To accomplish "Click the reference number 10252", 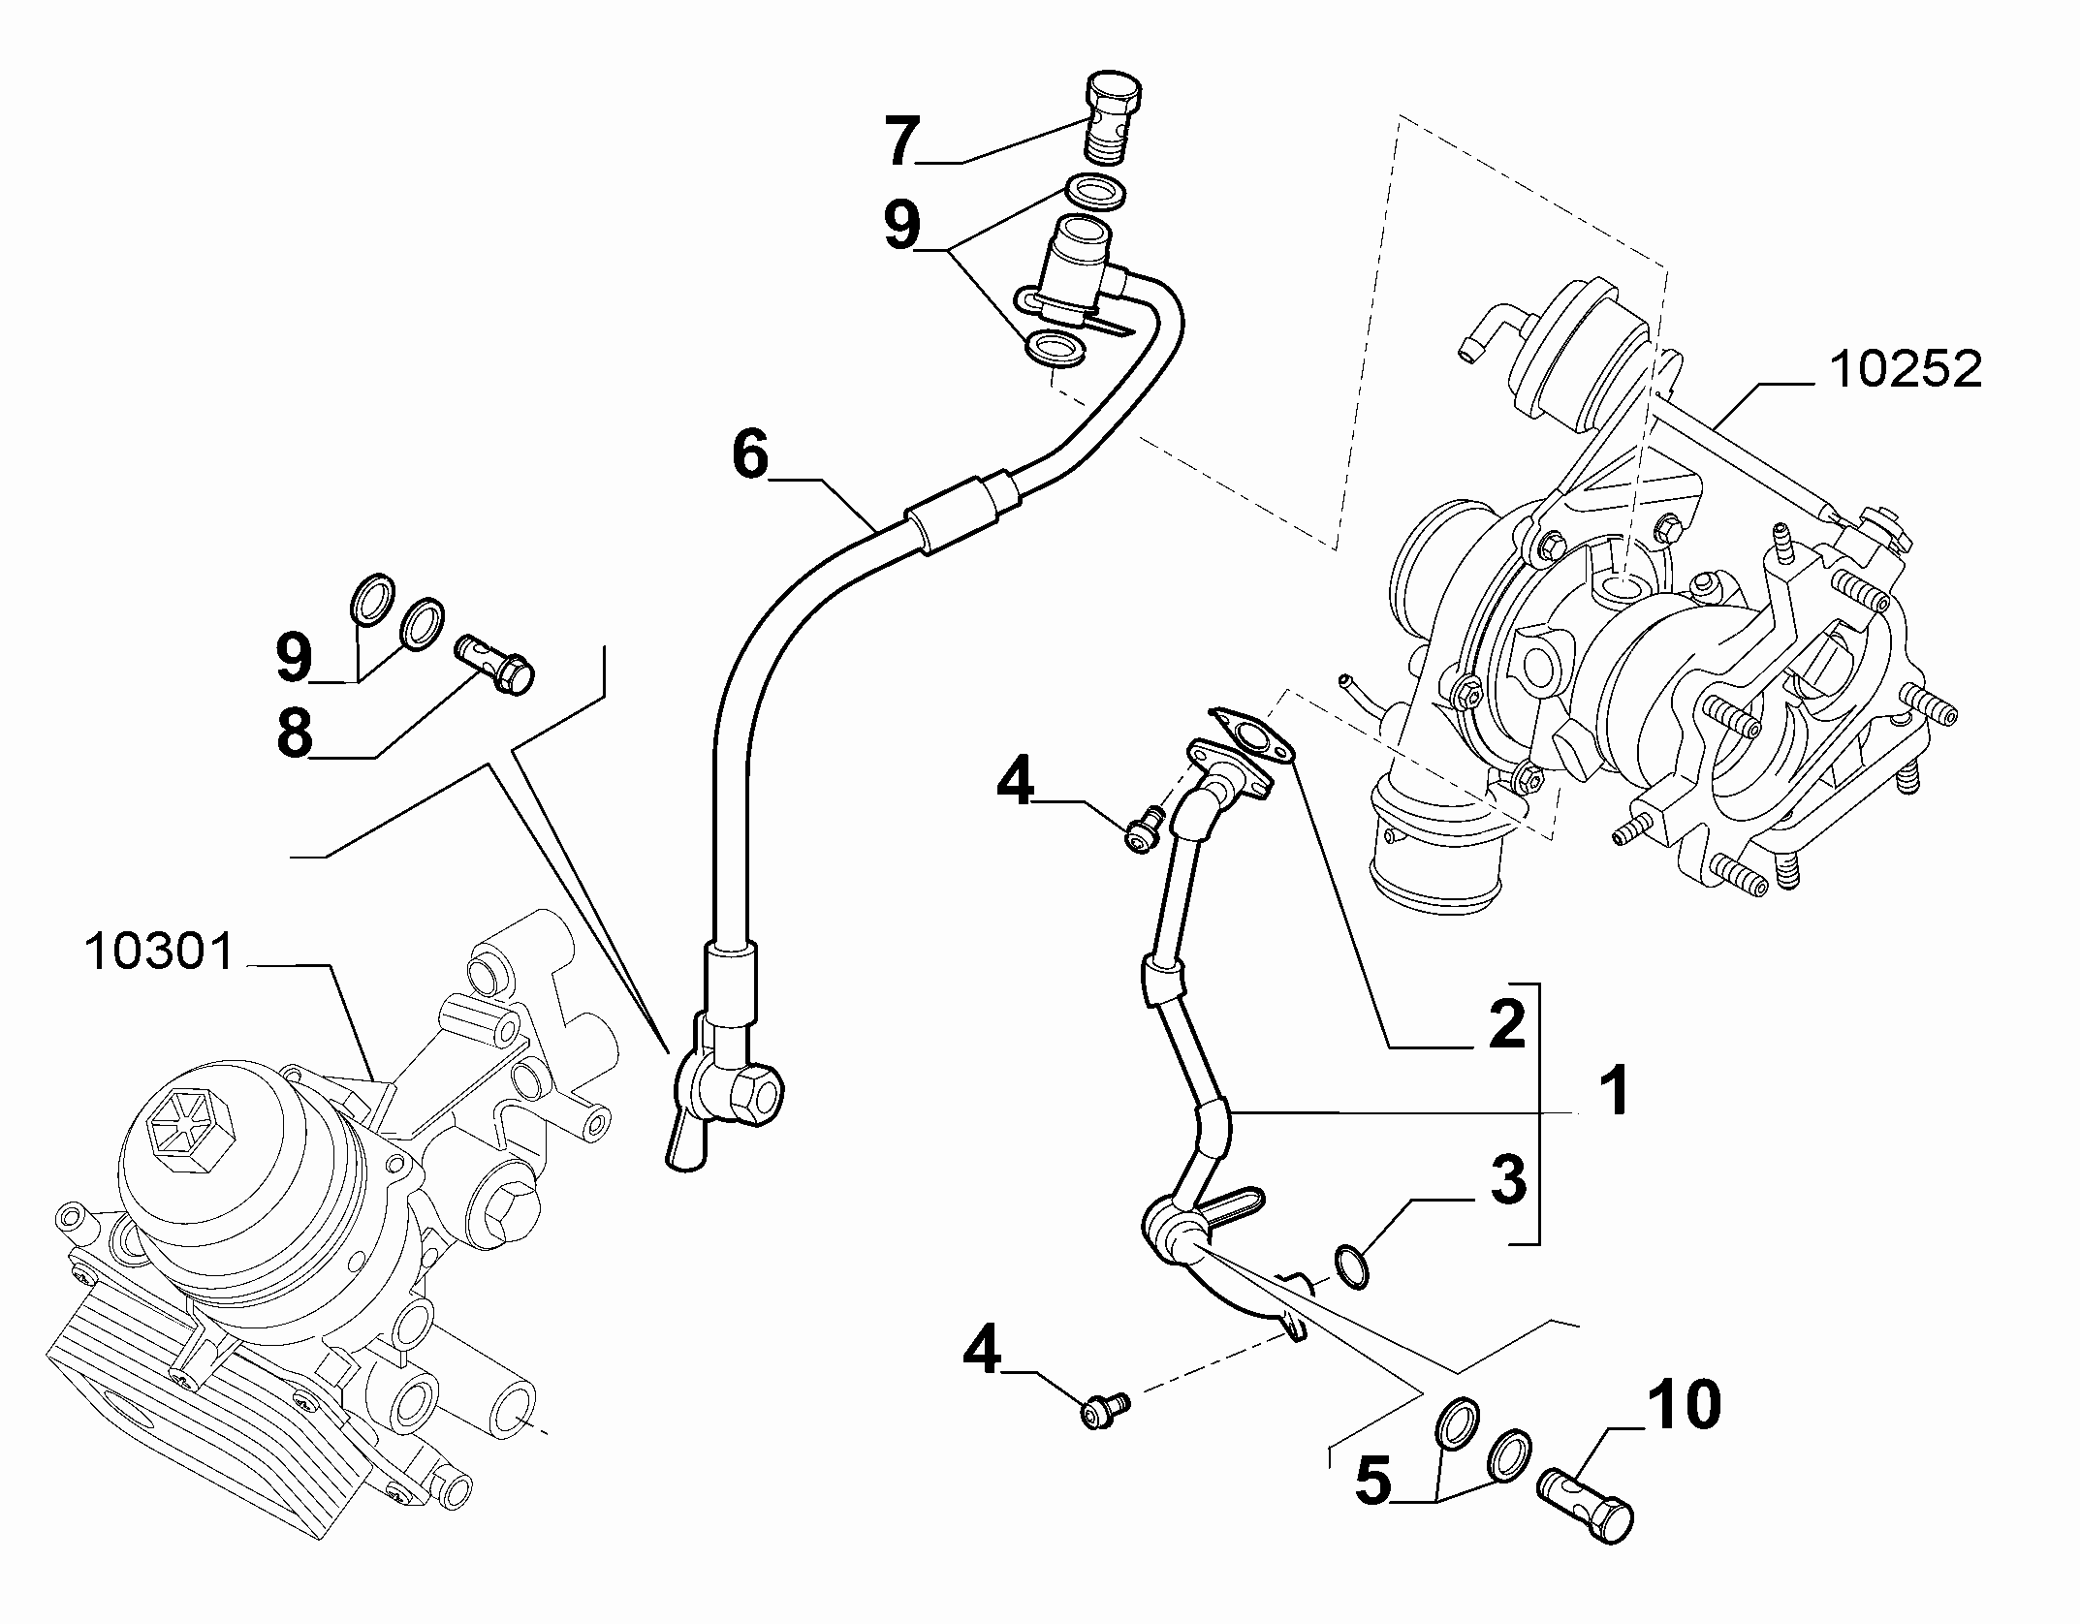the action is [1905, 370].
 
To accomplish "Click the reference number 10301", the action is [161, 952].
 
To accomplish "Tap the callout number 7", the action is [900, 141].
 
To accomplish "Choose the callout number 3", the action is [1507, 1179].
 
